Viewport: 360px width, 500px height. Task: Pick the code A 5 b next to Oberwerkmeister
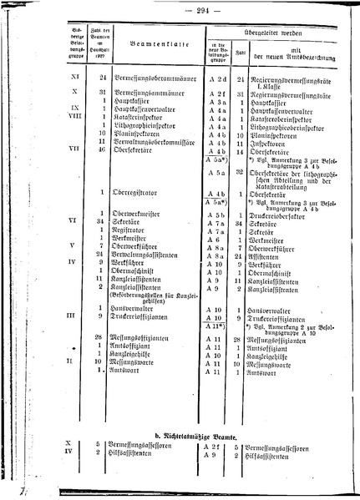click(216, 215)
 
